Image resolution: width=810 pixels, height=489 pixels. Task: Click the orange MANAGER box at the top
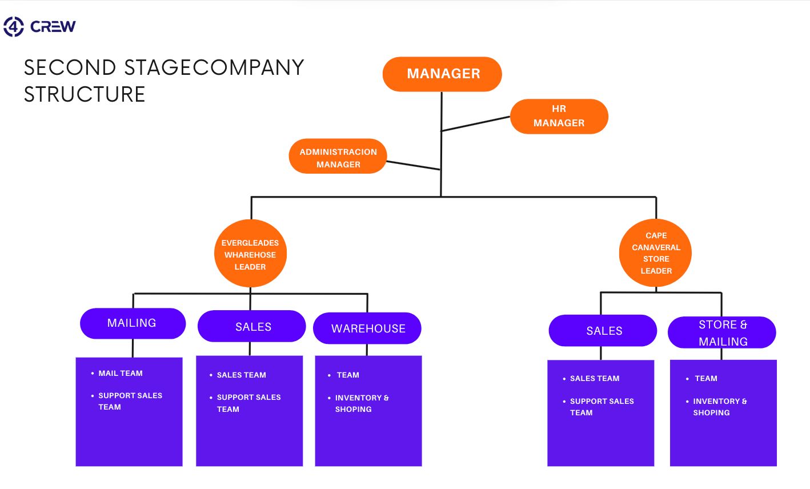point(442,74)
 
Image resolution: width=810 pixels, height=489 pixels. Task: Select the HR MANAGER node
point(559,116)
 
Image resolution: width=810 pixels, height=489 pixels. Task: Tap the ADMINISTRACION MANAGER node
point(338,158)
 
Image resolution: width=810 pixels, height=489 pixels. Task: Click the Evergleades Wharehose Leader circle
point(250,254)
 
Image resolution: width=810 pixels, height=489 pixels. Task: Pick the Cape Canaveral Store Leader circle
point(655,253)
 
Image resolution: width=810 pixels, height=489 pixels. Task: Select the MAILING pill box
point(133,323)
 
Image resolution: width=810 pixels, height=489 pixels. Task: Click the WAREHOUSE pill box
point(367,328)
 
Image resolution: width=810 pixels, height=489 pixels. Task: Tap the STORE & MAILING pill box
point(722,332)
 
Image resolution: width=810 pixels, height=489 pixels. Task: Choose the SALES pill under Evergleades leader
point(252,327)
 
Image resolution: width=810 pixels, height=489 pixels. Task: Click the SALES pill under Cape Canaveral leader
point(603,331)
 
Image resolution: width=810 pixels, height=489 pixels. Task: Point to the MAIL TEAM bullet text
point(121,373)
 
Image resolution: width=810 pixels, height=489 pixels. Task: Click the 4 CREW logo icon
point(14,26)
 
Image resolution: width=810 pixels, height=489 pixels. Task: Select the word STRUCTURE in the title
point(85,94)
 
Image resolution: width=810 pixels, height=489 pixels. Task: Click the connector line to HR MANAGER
point(475,124)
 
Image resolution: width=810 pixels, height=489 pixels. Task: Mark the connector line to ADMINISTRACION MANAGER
point(412,165)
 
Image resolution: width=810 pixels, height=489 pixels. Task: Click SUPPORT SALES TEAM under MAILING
point(130,400)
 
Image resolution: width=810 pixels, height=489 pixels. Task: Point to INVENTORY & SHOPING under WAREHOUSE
point(361,403)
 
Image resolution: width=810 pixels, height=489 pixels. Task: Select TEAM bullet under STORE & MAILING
point(706,378)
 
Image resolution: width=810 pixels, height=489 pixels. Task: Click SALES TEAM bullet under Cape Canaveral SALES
point(594,378)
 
